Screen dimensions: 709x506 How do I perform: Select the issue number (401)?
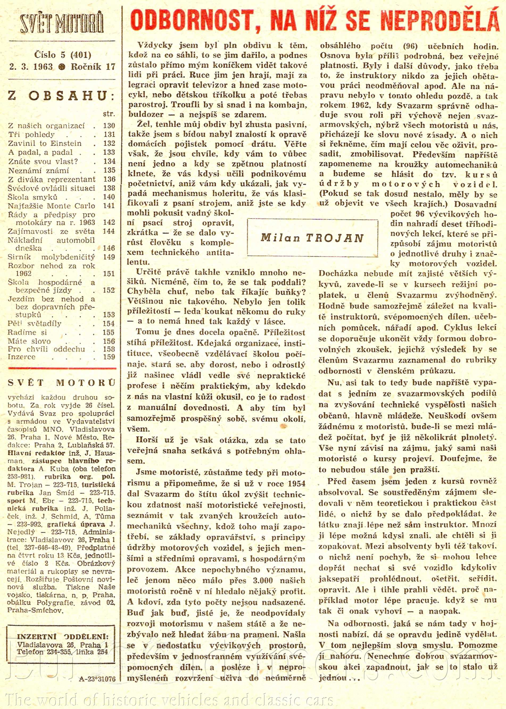coord(81,55)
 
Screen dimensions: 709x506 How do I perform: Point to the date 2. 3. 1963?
coord(31,67)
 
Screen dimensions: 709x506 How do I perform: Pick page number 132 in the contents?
coord(109,144)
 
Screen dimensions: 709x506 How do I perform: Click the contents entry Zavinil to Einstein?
coord(45,144)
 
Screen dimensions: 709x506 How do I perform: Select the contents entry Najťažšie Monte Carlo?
coord(51,206)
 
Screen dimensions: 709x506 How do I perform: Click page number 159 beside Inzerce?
coord(109,357)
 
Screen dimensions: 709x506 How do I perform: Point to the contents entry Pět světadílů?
coord(35,324)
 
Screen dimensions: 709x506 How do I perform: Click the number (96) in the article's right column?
coord(410,46)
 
